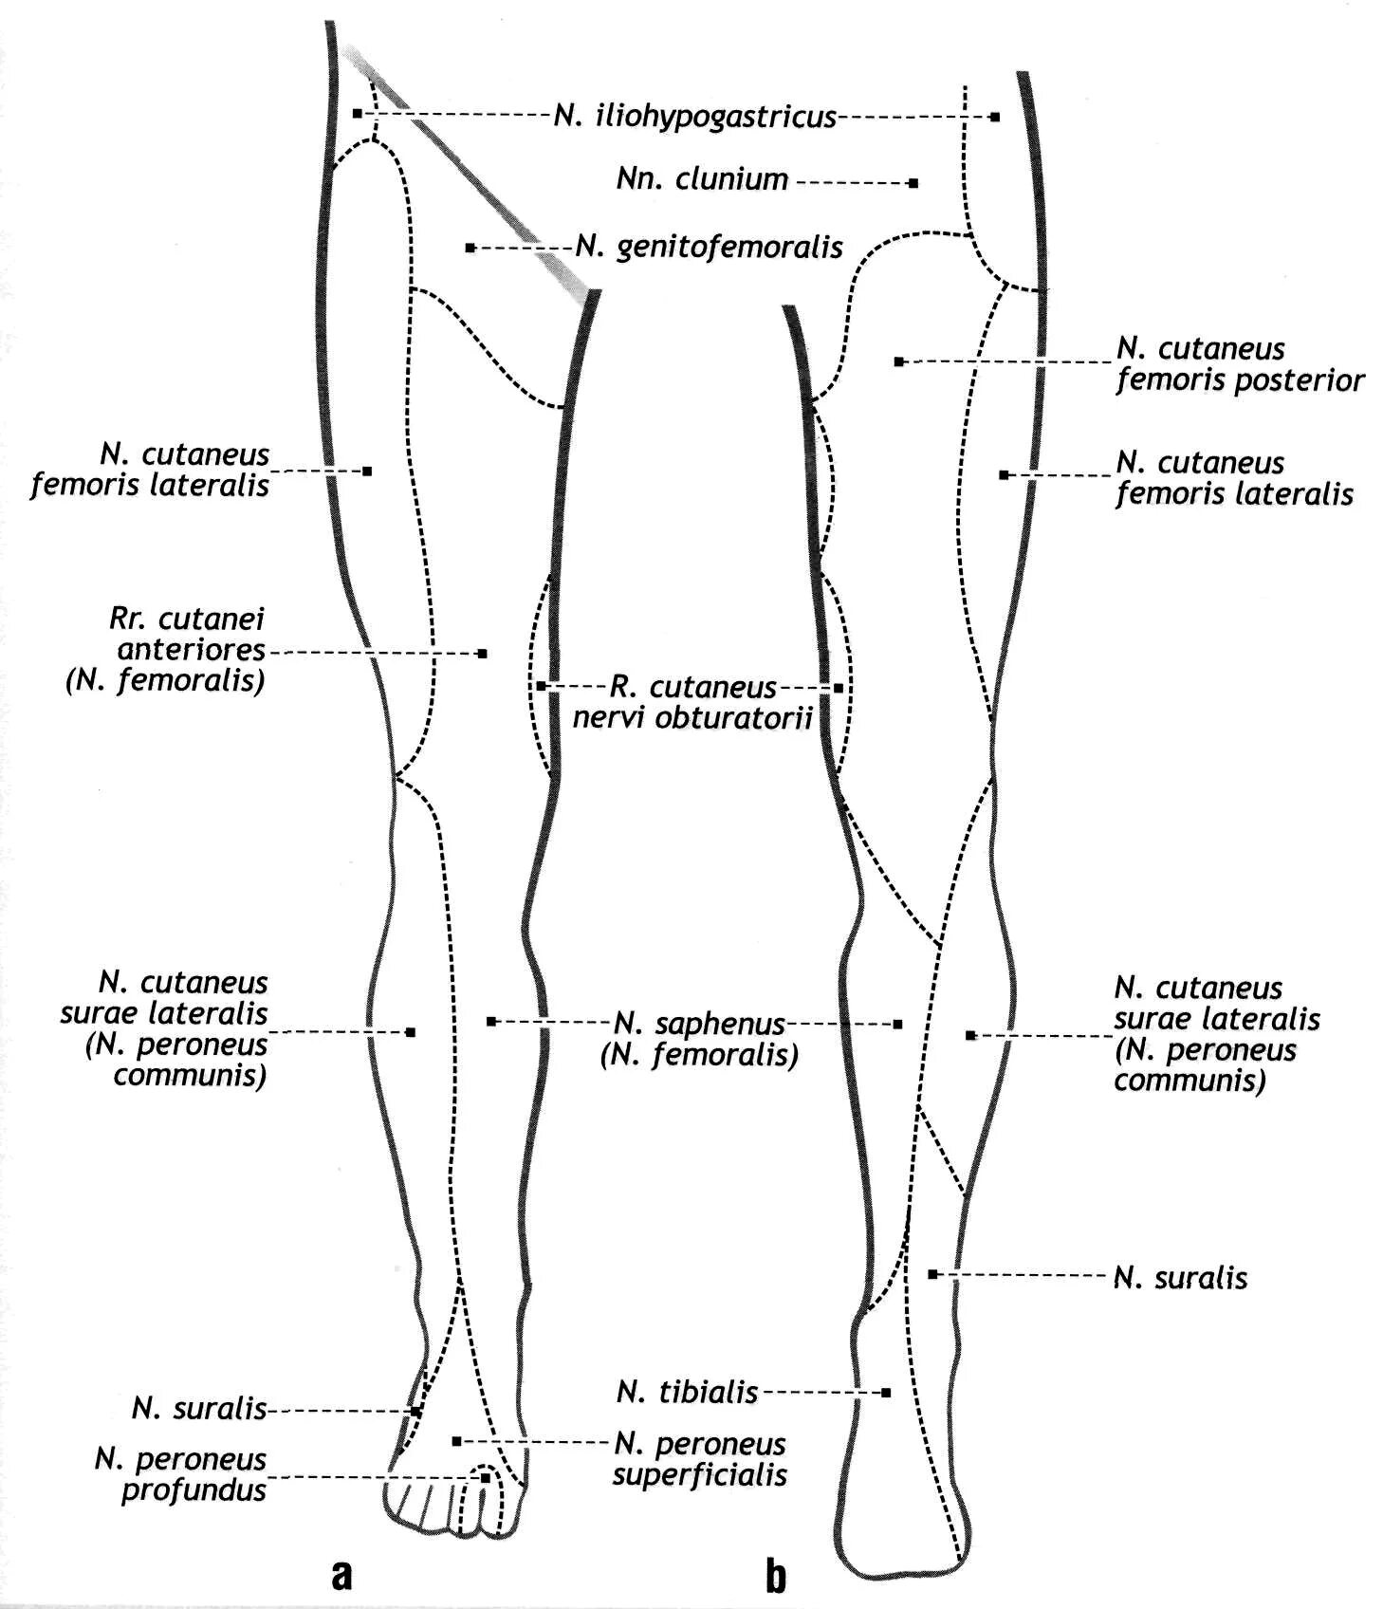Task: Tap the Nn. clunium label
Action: (x=702, y=179)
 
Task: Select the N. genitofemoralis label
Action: (x=710, y=248)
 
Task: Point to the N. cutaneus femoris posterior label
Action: (x=1239, y=364)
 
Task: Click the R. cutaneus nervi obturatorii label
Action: (x=692, y=701)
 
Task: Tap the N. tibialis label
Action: (x=687, y=1392)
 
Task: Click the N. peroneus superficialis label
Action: (x=699, y=1458)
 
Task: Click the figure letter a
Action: (x=341, y=1574)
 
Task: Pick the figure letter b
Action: (x=775, y=1576)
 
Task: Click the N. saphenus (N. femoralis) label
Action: (x=699, y=1039)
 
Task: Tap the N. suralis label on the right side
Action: (x=1180, y=1278)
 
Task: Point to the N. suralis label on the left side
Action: (x=199, y=1409)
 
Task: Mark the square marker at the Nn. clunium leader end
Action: (x=913, y=182)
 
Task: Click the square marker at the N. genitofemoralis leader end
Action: (x=470, y=249)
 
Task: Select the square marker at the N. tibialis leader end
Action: (x=885, y=1393)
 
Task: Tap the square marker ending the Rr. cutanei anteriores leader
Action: (x=482, y=654)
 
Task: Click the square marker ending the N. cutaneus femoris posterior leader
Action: (x=898, y=361)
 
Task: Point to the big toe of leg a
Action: (x=500, y=1514)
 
